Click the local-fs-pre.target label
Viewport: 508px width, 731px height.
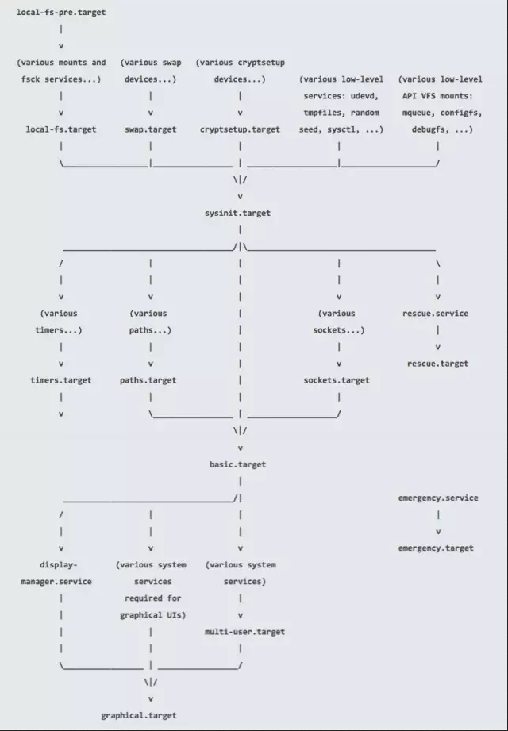tap(61, 13)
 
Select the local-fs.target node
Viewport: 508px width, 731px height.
tap(61, 129)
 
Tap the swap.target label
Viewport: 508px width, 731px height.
tap(151, 129)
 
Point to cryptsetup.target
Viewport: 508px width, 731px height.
tap(240, 129)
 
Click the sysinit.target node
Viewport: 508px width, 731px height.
tap(240, 214)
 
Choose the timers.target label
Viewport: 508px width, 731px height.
tap(61, 380)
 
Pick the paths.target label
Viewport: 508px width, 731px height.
tap(148, 380)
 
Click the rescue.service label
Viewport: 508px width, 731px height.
tap(436, 314)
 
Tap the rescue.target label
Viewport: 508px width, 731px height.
tap(438, 364)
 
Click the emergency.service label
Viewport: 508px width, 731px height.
tap(438, 498)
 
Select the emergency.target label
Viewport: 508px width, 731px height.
tap(436, 548)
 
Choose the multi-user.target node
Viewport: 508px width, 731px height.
tap(245, 632)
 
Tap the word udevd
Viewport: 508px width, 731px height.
tap(366, 96)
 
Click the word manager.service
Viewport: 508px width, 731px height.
tap(56, 581)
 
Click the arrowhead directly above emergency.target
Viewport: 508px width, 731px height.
tap(438, 532)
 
